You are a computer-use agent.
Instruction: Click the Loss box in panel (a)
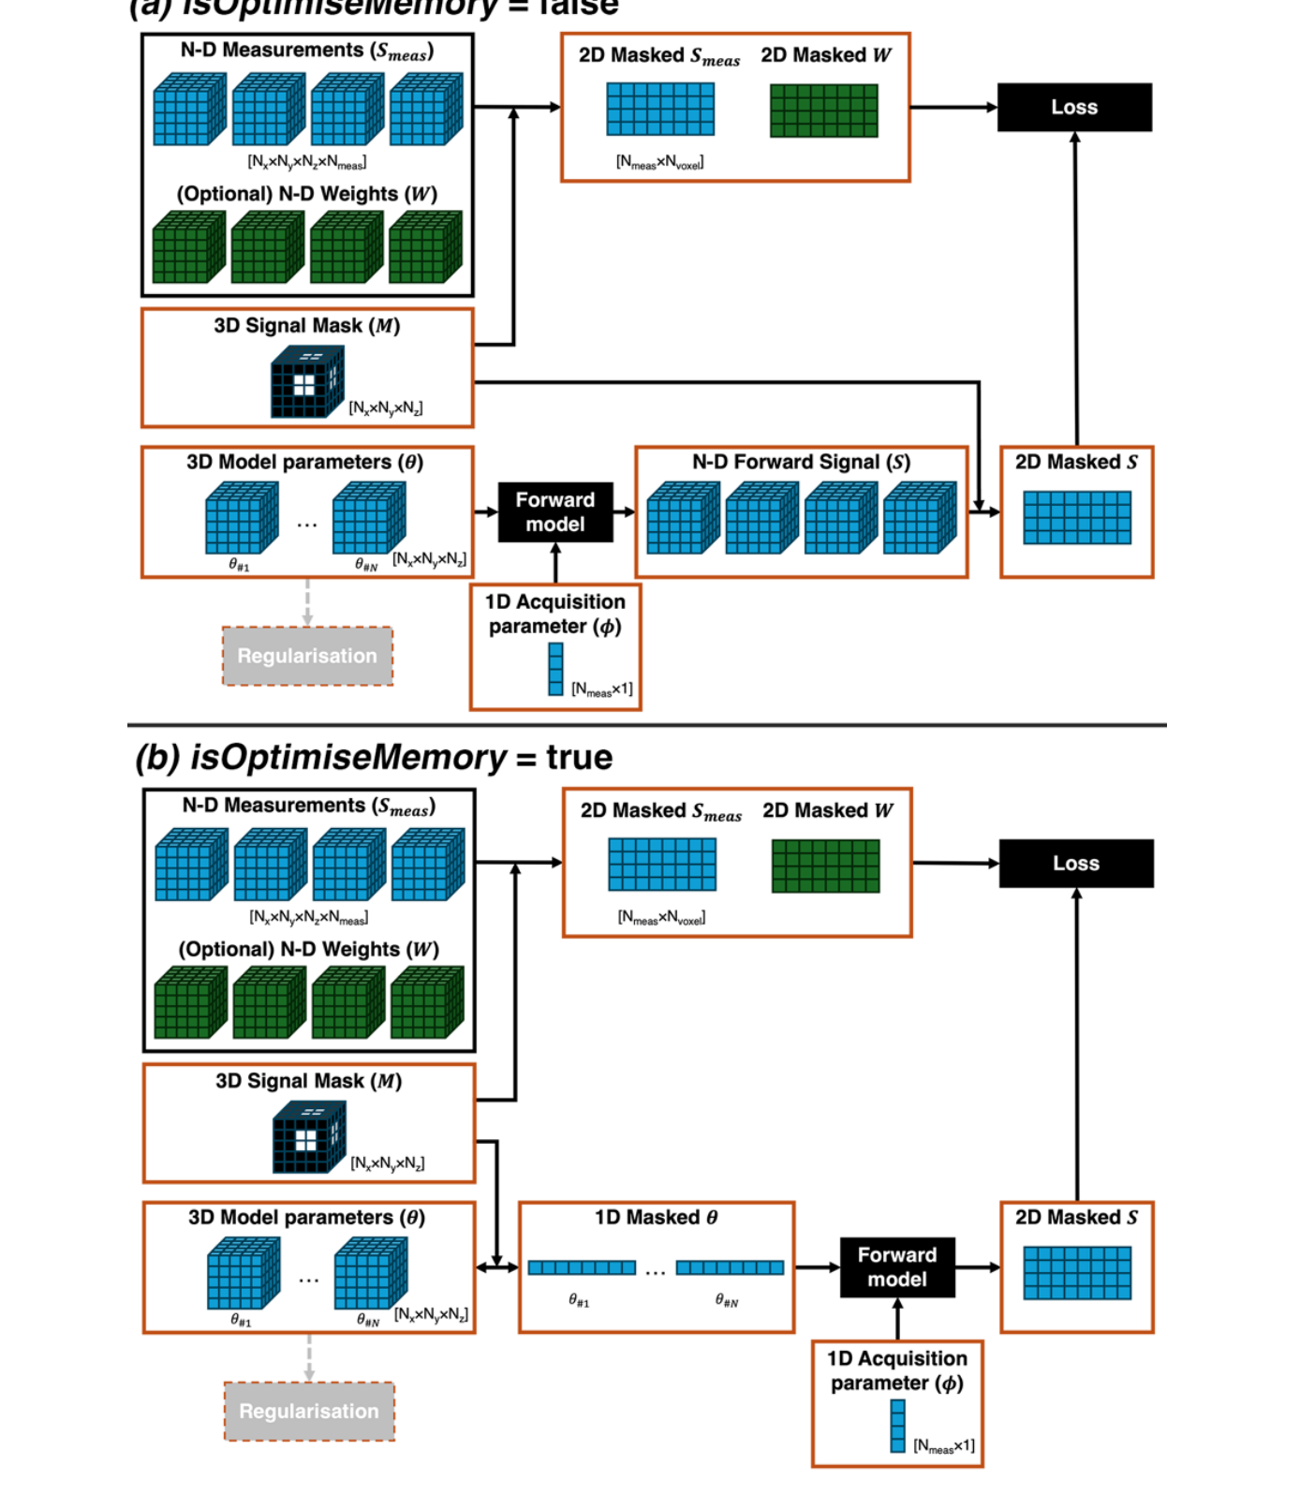[x=1073, y=107]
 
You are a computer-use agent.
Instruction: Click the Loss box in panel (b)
[x=1075, y=863]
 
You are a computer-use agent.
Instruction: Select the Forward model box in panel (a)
[x=554, y=512]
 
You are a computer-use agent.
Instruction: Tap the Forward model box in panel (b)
[x=896, y=1267]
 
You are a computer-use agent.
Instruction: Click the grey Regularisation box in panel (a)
[x=307, y=656]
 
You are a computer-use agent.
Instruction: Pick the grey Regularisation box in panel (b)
[x=309, y=1411]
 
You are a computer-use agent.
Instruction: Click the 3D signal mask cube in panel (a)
[x=307, y=381]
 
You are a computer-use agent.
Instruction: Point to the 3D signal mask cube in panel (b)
[x=309, y=1137]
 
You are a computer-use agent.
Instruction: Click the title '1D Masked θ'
[x=656, y=1218]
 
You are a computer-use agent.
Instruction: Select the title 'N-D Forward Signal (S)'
[x=801, y=462]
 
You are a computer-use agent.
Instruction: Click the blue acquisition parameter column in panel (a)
[x=555, y=669]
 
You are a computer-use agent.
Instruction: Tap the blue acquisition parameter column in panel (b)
[x=897, y=1426]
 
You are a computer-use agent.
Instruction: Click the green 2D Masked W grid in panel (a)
[x=823, y=111]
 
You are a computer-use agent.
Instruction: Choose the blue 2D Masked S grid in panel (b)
[x=1076, y=1273]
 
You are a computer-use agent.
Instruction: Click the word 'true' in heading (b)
[x=579, y=757]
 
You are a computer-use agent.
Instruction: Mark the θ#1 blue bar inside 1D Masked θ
[x=581, y=1267]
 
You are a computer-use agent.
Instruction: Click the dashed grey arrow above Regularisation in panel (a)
[x=307, y=602]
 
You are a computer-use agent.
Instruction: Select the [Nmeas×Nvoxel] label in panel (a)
[x=659, y=162]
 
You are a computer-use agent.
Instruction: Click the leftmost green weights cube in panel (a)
[x=188, y=247]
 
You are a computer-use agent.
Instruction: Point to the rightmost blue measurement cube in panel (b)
[x=427, y=865]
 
